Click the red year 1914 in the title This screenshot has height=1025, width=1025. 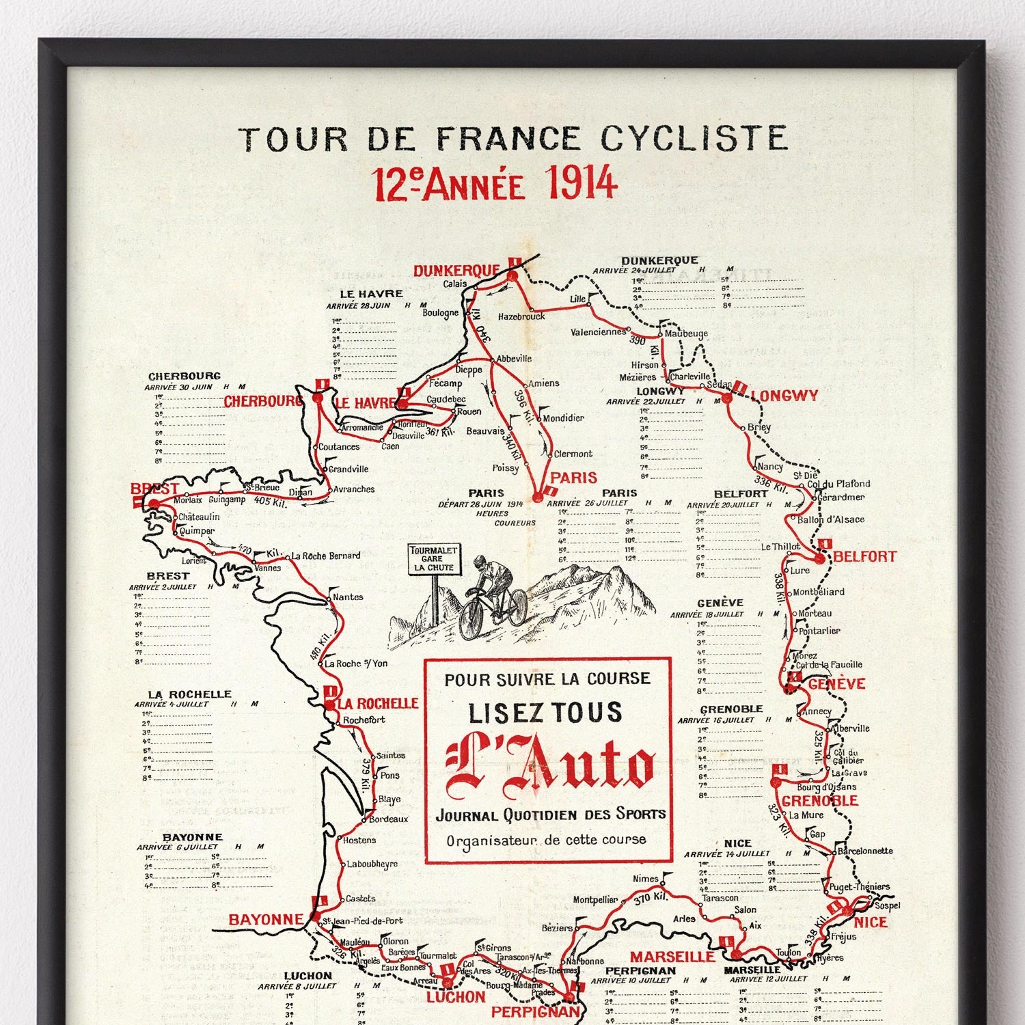click(582, 184)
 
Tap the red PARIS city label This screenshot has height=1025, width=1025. click(573, 478)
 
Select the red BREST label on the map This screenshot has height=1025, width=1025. click(154, 489)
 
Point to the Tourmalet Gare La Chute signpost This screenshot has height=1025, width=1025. click(433, 559)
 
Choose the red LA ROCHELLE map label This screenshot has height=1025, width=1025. click(378, 703)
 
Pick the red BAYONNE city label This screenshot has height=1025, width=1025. click(265, 920)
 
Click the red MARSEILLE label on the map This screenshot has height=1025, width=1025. click(672, 957)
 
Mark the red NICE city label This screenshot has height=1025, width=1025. click(871, 922)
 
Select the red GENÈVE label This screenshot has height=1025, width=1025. click(836, 684)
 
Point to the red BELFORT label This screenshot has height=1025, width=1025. click(864, 557)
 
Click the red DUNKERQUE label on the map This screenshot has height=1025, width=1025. click(456, 271)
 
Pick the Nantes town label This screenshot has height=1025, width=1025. click(348, 597)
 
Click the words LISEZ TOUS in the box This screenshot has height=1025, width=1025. click(545, 713)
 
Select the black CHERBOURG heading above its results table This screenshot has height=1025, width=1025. click(184, 376)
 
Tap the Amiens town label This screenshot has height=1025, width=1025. click(543, 383)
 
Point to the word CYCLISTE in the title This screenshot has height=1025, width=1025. click(694, 139)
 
